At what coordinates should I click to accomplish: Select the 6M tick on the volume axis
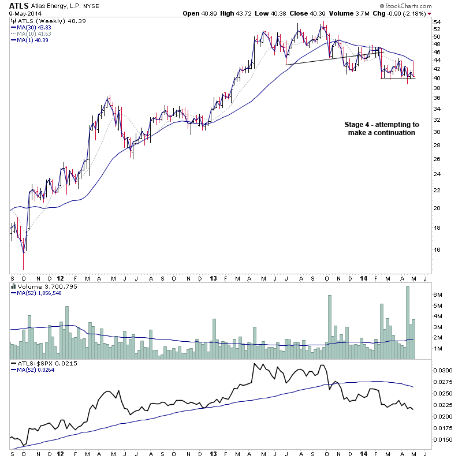438,294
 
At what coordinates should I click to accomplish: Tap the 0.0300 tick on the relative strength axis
444,370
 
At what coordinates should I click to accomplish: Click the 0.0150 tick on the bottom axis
444,439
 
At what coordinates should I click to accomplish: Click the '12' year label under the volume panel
61,364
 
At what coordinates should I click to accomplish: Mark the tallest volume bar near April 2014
407,323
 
